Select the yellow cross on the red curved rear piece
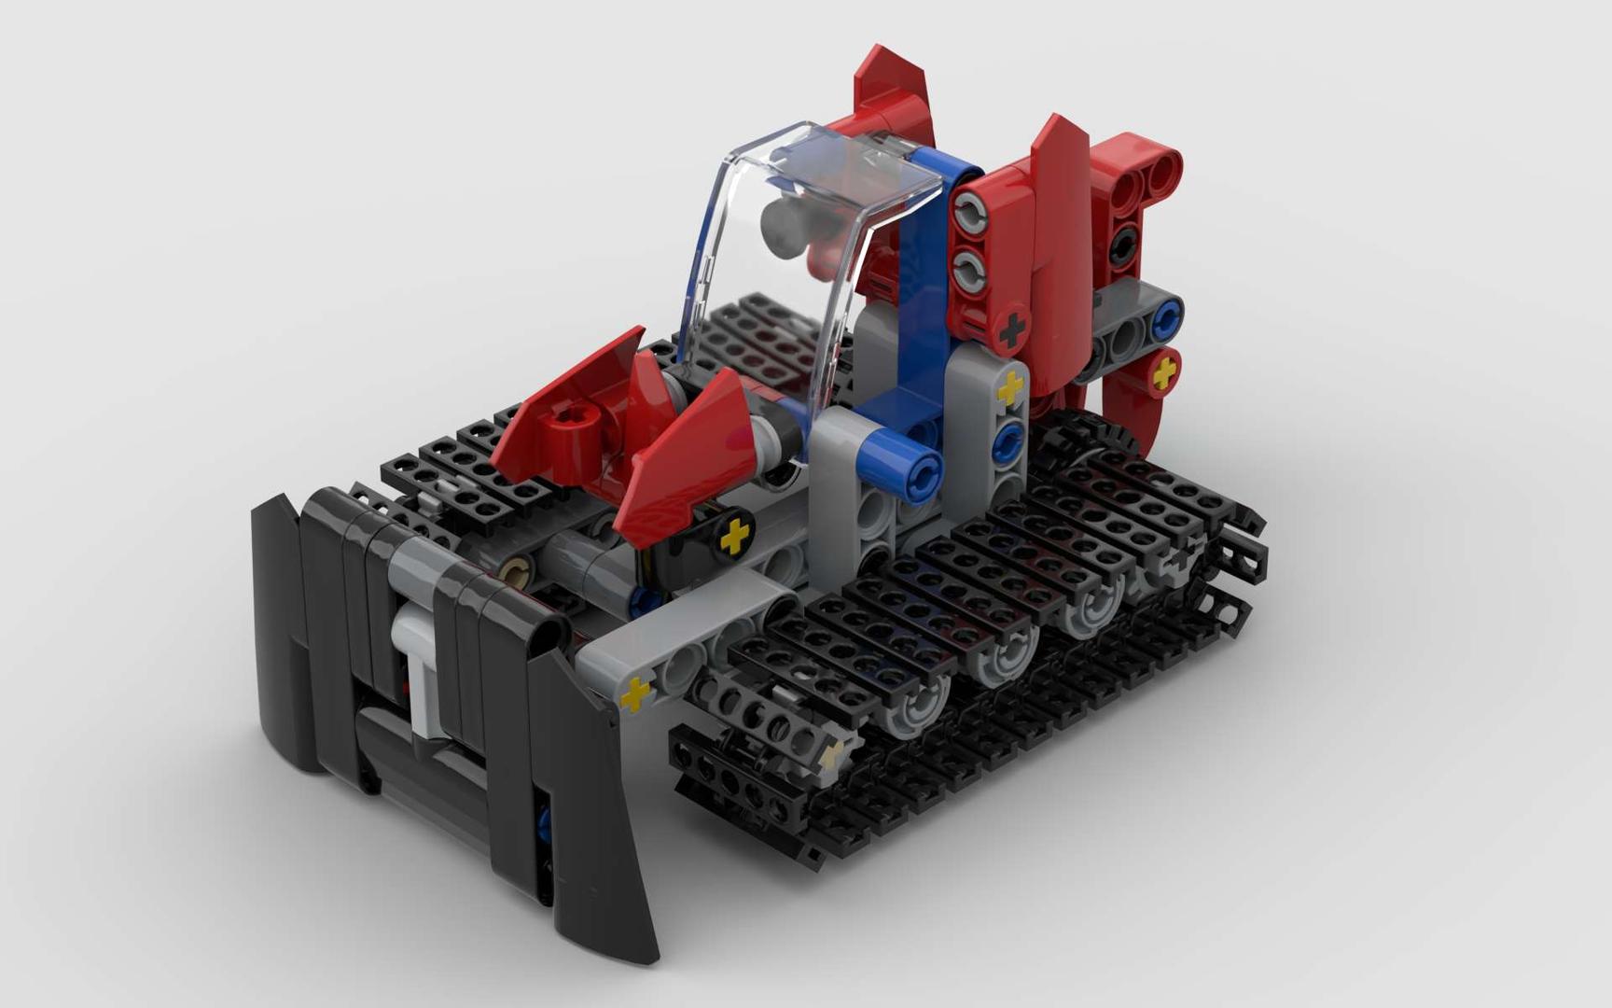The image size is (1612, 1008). point(1163,374)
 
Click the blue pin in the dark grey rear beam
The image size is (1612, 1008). point(1164,320)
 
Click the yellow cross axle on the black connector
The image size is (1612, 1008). point(734,535)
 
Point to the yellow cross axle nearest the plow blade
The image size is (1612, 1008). point(635,694)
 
